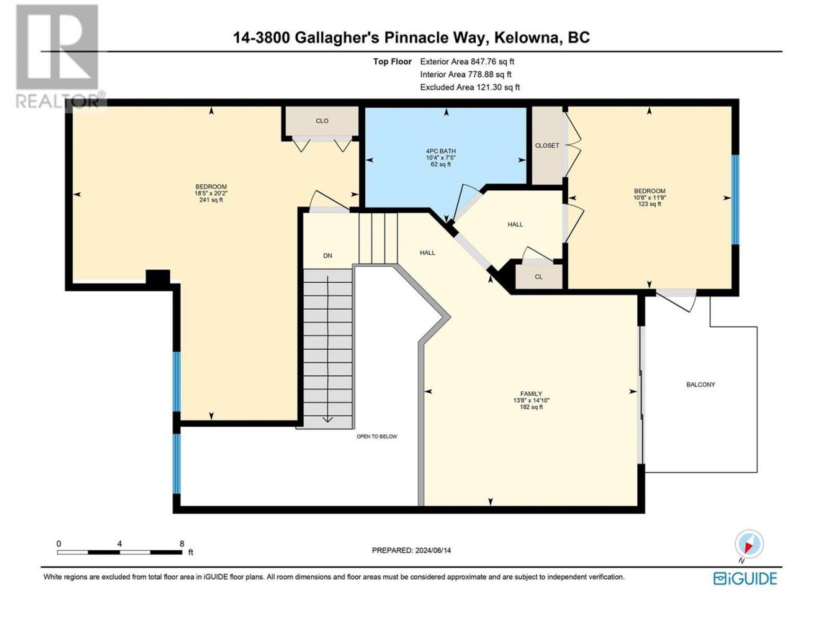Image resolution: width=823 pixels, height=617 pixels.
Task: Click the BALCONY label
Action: coord(700,384)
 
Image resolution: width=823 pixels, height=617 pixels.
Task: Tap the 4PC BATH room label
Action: coord(440,151)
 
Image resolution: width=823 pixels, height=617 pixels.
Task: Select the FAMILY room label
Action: coord(531,394)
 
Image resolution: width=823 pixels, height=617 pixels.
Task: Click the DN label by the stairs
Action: coord(328,256)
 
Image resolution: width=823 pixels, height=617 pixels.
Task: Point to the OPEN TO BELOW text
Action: coord(377,436)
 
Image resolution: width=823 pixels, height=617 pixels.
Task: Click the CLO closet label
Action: coord(322,121)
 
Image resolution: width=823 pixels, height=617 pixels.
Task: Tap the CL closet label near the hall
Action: coord(539,277)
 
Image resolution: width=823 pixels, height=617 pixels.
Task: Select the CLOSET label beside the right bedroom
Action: coord(547,145)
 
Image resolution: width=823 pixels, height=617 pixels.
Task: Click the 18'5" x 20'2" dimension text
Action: coord(211,193)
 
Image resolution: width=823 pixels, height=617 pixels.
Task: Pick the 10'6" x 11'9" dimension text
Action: coord(650,197)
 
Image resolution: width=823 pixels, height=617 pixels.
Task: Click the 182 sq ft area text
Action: coord(531,407)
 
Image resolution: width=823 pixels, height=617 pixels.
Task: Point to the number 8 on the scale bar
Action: coord(182,544)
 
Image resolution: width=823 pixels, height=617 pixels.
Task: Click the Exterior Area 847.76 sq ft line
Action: coord(467,62)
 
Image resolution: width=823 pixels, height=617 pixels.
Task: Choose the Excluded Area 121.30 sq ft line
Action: coord(470,87)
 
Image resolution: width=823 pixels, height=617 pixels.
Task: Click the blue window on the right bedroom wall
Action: coord(736,199)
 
